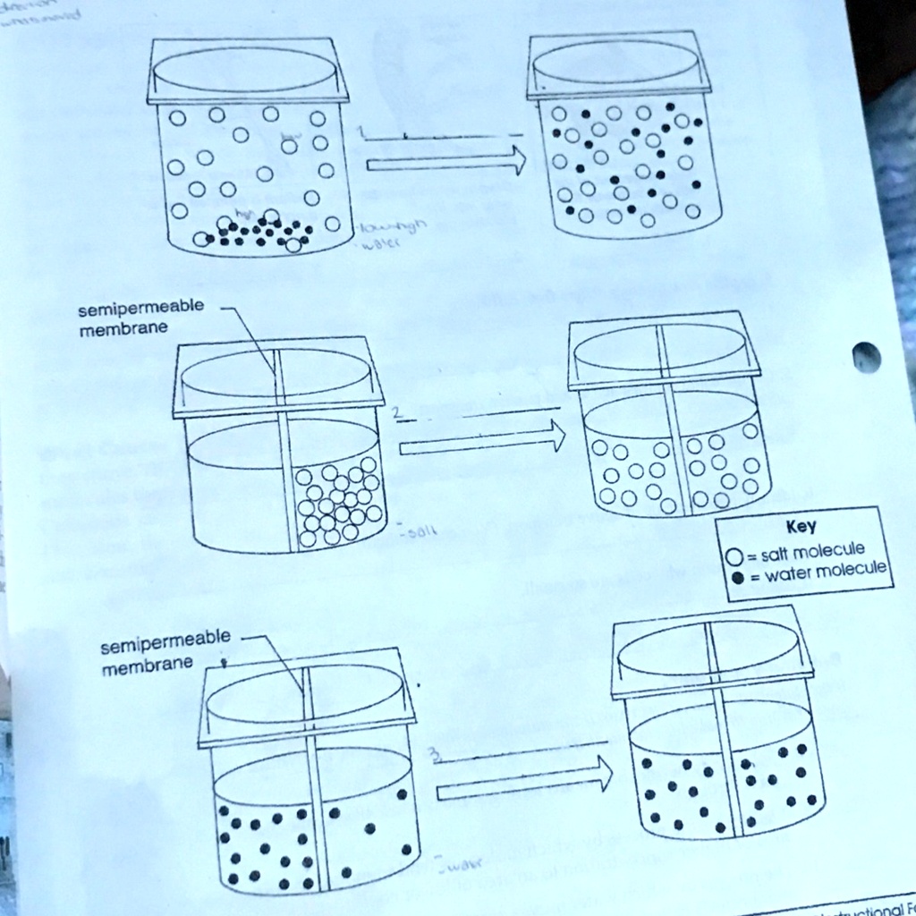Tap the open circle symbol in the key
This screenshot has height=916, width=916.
click(x=734, y=556)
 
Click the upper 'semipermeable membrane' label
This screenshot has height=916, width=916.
click(x=140, y=318)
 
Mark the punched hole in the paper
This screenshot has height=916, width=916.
click(x=866, y=357)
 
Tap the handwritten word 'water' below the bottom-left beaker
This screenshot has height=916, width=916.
click(x=462, y=864)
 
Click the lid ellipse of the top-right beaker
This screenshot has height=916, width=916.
click(x=617, y=64)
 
